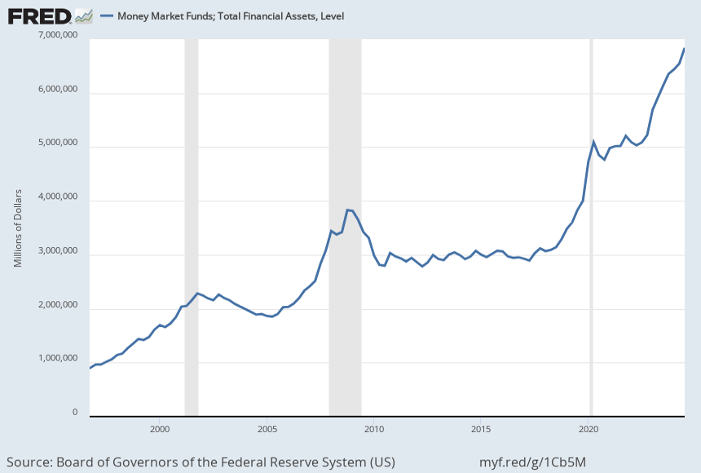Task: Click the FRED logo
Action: [x=41, y=15]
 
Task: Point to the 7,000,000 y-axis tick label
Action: [x=58, y=36]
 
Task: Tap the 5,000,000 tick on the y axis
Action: [x=58, y=144]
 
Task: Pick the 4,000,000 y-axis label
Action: [x=58, y=197]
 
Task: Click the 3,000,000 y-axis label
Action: [x=58, y=251]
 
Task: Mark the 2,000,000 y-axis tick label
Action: [x=58, y=305]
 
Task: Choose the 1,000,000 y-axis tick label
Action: [x=58, y=359]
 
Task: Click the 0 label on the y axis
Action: [x=75, y=413]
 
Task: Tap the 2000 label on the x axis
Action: [x=160, y=428]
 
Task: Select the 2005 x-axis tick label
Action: [x=267, y=428]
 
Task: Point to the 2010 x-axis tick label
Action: [x=374, y=428]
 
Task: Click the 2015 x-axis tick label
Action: [x=481, y=428]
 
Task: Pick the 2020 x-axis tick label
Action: [x=589, y=428]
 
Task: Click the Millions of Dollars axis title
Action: [x=18, y=228]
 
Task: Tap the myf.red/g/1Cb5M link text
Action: [x=534, y=462]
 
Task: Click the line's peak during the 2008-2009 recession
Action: [x=348, y=210]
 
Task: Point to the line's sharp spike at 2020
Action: [x=593, y=142]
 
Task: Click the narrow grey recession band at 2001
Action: [x=191, y=228]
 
